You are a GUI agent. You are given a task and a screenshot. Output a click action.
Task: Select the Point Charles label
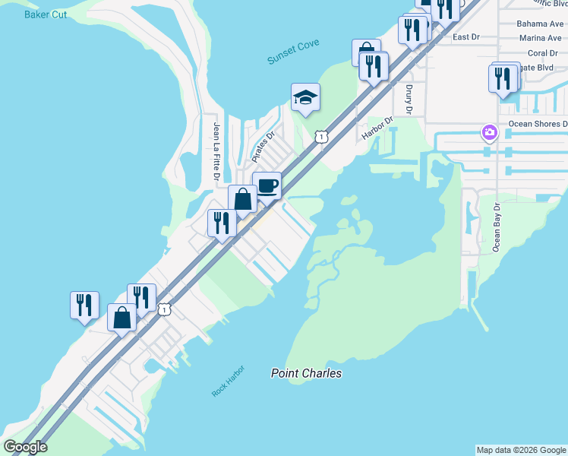coord(307,373)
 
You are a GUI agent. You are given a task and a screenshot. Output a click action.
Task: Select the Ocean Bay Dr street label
coord(497,226)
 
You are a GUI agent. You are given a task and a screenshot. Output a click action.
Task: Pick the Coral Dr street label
coord(543,53)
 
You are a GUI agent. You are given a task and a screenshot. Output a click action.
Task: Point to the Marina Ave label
coord(540,38)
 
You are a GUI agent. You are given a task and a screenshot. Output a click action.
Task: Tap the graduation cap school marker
coord(305,97)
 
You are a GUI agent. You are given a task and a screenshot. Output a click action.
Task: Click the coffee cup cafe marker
coord(267,185)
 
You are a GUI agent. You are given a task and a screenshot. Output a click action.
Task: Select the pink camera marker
coord(489,133)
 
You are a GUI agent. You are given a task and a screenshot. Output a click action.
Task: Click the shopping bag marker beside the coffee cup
coord(242,199)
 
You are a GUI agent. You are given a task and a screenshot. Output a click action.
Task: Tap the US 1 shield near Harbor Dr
coord(322,137)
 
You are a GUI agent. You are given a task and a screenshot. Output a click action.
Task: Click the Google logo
coord(25,447)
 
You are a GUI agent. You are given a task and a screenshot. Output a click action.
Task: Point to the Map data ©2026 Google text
coord(521,450)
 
